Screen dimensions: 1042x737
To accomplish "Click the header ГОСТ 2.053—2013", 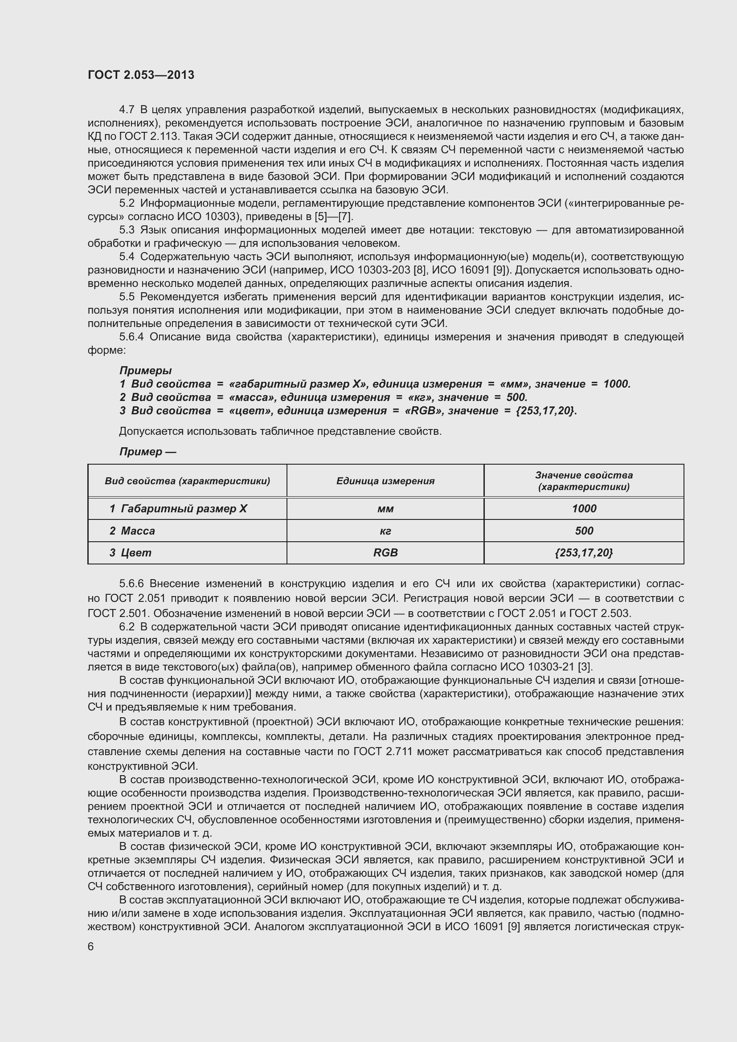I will pyautogui.click(x=141, y=75).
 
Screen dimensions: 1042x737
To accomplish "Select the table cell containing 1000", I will pyautogui.click(x=584, y=509).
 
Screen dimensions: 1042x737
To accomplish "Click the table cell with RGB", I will pyautogui.click(x=385, y=553).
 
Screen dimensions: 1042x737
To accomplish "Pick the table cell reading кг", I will pyautogui.click(x=385, y=531).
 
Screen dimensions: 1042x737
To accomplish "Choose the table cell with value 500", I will pyautogui.click(x=584, y=531).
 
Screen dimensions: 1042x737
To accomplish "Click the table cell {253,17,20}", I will pyautogui.click(x=584, y=553).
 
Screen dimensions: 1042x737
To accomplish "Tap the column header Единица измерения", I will pyautogui.click(x=385, y=481).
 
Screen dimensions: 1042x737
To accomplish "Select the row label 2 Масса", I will pyautogui.click(x=132, y=531).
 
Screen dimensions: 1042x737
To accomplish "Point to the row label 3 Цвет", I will pyautogui.click(x=130, y=553).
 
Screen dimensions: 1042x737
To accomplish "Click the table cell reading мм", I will pyautogui.click(x=385, y=509).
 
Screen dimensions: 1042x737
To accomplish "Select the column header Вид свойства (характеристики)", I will pyautogui.click(x=188, y=481).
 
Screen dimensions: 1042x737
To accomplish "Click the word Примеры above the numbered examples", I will pyautogui.click(x=145, y=371).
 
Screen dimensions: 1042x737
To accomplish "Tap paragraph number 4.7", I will pyautogui.click(x=127, y=110).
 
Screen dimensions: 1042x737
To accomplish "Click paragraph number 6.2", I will pyautogui.click(x=127, y=627).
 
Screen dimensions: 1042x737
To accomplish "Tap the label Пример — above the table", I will pyautogui.click(x=147, y=452).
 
